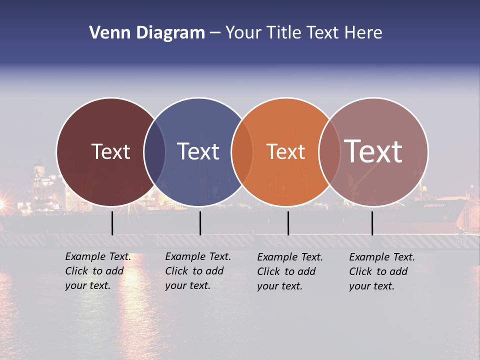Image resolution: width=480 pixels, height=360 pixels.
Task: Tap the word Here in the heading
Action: coord(363,33)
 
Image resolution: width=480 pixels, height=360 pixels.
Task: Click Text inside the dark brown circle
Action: coord(110,151)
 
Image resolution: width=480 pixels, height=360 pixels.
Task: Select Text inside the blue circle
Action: coord(198,151)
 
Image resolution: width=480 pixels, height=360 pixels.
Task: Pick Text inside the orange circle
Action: coord(285,151)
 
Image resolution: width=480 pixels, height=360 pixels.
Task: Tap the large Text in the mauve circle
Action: coord(373,151)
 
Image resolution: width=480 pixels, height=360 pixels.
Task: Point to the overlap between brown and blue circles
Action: coord(154,151)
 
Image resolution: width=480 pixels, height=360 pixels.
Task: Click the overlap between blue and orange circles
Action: coord(242,151)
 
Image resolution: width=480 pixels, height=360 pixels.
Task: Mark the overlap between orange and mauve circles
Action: coord(329,151)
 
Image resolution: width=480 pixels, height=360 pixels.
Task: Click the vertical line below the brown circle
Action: coord(112,223)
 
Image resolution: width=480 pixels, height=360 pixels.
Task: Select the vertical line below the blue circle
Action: coord(200,223)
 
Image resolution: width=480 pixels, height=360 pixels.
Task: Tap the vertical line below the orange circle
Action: coord(288,223)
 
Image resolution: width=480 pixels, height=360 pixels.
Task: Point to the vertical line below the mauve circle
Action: coord(372,223)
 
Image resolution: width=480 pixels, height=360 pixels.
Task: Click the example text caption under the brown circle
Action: coord(98,271)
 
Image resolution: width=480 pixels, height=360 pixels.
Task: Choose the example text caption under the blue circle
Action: coord(198,271)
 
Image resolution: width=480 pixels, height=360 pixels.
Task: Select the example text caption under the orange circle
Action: coord(290,271)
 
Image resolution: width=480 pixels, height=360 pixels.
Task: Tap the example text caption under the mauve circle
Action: coord(382,271)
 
